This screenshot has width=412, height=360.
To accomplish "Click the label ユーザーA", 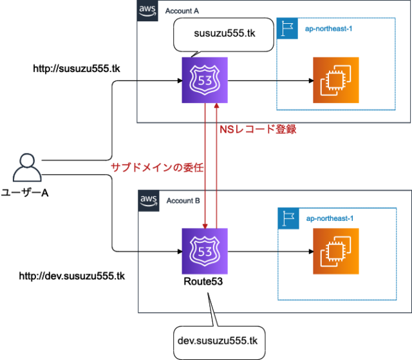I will click(x=25, y=193).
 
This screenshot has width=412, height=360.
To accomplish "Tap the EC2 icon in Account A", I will click(x=335, y=80).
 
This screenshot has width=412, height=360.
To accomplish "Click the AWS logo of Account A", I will click(x=148, y=10).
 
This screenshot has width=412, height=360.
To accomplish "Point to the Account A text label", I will click(x=183, y=11).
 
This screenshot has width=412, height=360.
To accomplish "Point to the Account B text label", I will click(x=183, y=200).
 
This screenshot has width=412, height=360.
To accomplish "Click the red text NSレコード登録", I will click(x=257, y=129).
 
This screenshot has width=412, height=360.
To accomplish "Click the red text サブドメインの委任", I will click(x=157, y=167).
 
